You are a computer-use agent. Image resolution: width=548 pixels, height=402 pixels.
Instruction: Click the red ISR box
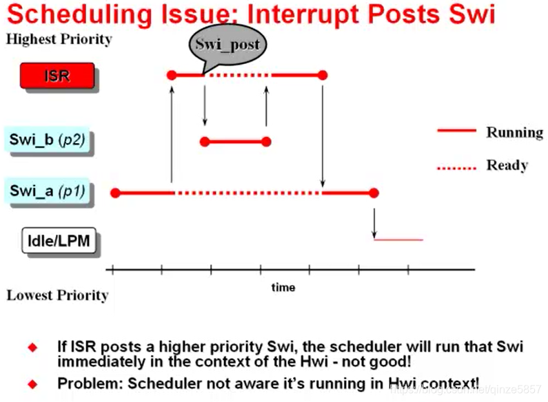pos(58,76)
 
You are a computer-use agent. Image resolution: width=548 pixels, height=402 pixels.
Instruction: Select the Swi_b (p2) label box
pos(48,140)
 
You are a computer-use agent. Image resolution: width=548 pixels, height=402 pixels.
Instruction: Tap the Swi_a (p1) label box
pos(48,191)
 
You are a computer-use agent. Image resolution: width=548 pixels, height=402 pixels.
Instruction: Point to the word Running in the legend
pos(514,131)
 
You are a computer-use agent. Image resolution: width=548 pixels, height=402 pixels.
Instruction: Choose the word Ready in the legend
pos(507,165)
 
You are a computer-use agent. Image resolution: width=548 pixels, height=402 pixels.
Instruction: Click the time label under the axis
pos(283,287)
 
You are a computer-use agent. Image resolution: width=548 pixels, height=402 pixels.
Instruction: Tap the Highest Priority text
pos(59,39)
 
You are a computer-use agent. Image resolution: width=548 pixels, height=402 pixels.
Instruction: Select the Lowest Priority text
pos(57,295)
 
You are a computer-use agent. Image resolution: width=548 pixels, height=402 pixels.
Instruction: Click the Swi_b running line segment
pos(235,142)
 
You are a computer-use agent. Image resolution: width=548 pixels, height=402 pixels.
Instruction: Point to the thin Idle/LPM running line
pos(398,240)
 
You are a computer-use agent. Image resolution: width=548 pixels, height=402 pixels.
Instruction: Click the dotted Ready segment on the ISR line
pos(238,74)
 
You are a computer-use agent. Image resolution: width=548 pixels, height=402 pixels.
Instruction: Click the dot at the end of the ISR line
pos(323,74)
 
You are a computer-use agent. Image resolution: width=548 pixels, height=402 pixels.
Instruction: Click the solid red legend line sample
pos(456,131)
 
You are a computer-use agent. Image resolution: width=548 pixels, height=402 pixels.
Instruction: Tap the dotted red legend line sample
pos(456,166)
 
